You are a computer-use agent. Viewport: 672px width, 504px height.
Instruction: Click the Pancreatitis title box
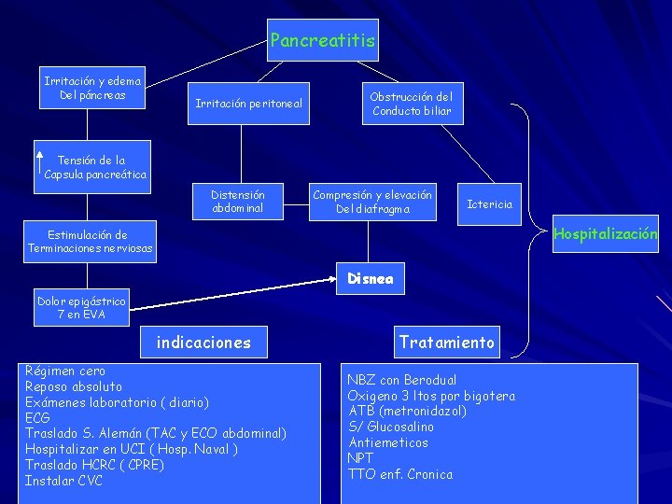(323, 40)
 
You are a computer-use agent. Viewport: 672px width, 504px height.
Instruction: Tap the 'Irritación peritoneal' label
(248, 103)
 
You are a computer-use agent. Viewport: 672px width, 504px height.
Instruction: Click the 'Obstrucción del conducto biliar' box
(411, 104)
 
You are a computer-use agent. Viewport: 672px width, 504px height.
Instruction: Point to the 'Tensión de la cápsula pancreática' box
(95, 167)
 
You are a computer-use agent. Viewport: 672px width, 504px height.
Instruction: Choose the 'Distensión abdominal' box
(237, 202)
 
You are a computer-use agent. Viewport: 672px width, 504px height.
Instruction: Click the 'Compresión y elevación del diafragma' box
(372, 202)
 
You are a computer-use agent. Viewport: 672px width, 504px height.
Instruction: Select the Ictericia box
(490, 203)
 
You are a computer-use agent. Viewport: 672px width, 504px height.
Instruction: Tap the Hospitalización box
(605, 234)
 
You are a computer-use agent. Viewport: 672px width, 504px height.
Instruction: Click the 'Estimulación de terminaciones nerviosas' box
(91, 242)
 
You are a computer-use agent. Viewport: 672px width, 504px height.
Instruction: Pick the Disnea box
(371, 279)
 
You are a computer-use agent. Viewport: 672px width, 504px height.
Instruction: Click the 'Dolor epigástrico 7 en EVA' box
(82, 308)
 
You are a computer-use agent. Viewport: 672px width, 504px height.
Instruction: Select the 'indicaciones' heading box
(203, 343)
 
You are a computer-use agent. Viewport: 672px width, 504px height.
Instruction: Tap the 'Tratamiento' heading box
(446, 342)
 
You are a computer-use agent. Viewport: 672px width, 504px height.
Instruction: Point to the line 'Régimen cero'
(65, 371)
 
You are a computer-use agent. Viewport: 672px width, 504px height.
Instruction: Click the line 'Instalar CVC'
(63, 481)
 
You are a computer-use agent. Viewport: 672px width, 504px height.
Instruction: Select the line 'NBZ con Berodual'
(402, 380)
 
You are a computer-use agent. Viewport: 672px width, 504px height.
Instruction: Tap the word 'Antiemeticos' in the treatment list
(388, 442)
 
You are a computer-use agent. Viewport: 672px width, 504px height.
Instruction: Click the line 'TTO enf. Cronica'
(399, 474)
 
